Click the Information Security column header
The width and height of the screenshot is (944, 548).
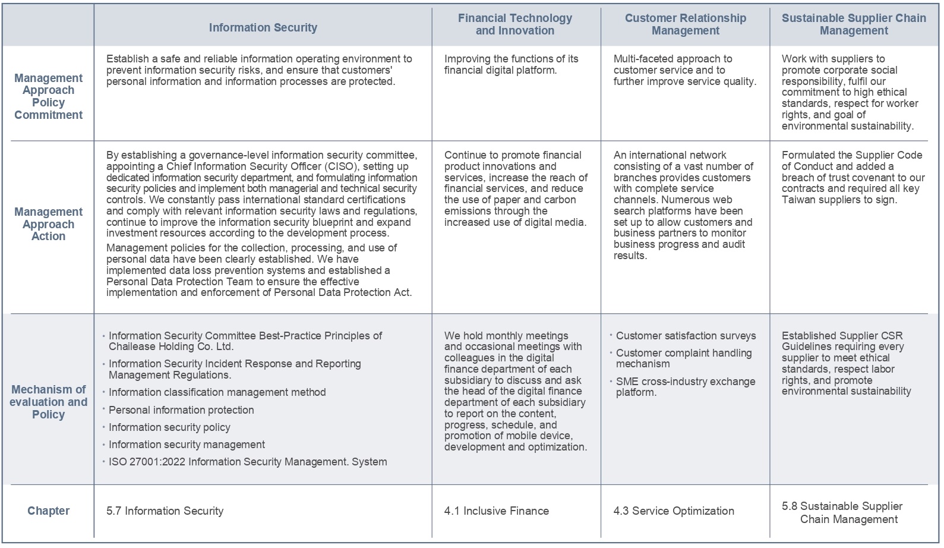(x=263, y=27)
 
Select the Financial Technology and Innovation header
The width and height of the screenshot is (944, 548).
(x=514, y=24)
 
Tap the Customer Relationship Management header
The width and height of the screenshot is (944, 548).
(x=685, y=24)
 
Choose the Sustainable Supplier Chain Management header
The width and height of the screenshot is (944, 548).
(x=854, y=24)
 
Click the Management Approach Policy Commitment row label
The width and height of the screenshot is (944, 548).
(x=48, y=96)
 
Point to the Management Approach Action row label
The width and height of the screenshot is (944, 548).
(x=48, y=224)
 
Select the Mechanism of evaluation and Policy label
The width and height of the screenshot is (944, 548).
(x=48, y=402)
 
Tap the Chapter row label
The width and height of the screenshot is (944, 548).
(x=48, y=511)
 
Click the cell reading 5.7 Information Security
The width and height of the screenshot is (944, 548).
(x=165, y=511)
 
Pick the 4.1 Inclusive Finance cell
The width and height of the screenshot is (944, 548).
(x=496, y=511)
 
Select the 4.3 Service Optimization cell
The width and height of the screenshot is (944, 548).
(x=674, y=511)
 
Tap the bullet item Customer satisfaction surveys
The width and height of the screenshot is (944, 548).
(x=686, y=336)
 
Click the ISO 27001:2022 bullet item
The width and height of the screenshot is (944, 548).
(x=248, y=462)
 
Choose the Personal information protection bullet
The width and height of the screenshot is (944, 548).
(x=181, y=410)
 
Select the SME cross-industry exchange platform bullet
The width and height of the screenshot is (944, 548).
(x=686, y=387)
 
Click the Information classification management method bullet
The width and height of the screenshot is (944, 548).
(x=217, y=392)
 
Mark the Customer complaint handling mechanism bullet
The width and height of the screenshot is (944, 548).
(x=683, y=358)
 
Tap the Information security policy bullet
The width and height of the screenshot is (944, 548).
(x=169, y=427)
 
